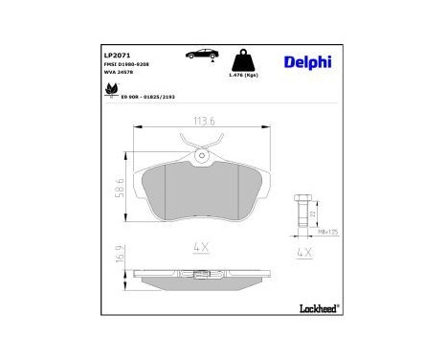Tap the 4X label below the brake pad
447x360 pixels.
click(201, 246)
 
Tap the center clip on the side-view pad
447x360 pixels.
click(201, 278)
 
